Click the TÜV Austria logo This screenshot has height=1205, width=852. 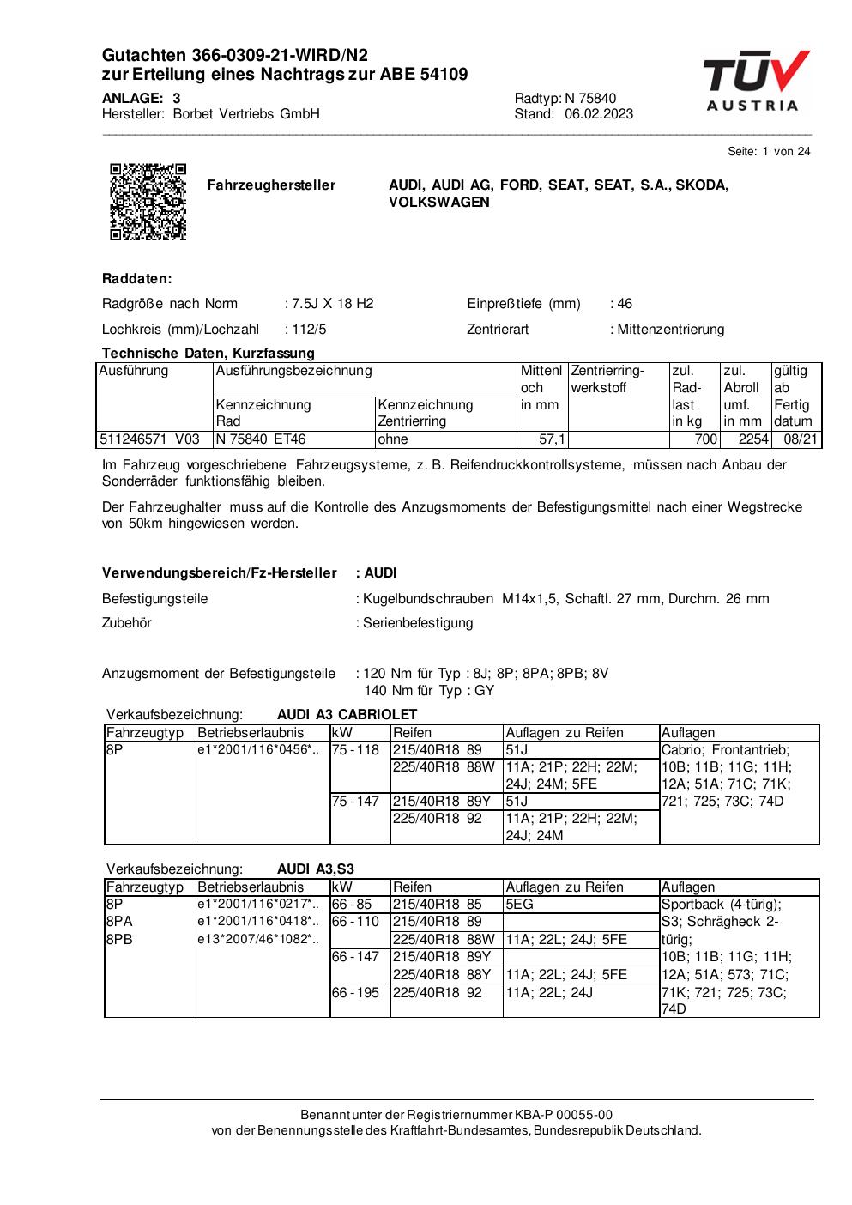(x=755, y=82)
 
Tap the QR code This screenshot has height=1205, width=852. (x=148, y=201)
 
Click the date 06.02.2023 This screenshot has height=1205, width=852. (x=599, y=114)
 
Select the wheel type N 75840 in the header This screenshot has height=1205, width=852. (x=590, y=98)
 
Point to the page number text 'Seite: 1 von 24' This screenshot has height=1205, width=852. (x=769, y=152)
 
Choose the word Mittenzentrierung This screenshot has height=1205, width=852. (x=670, y=329)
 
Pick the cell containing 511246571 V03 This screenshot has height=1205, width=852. (x=150, y=439)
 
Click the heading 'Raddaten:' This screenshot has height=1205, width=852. (x=137, y=279)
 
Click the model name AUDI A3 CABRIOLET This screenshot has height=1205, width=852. (x=347, y=714)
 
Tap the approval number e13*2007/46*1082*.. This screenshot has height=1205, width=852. (x=258, y=939)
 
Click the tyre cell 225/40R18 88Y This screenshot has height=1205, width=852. (x=442, y=974)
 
